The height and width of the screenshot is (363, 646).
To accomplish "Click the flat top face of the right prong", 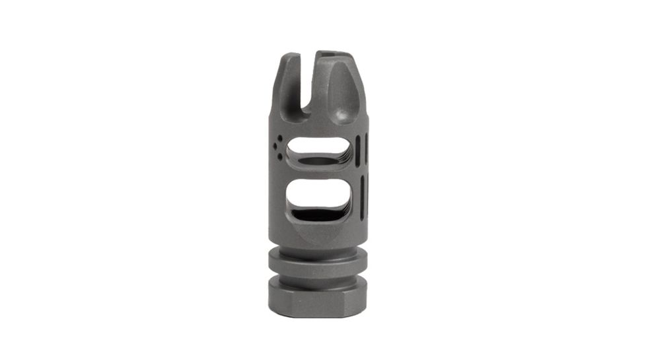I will tap(336, 55).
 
